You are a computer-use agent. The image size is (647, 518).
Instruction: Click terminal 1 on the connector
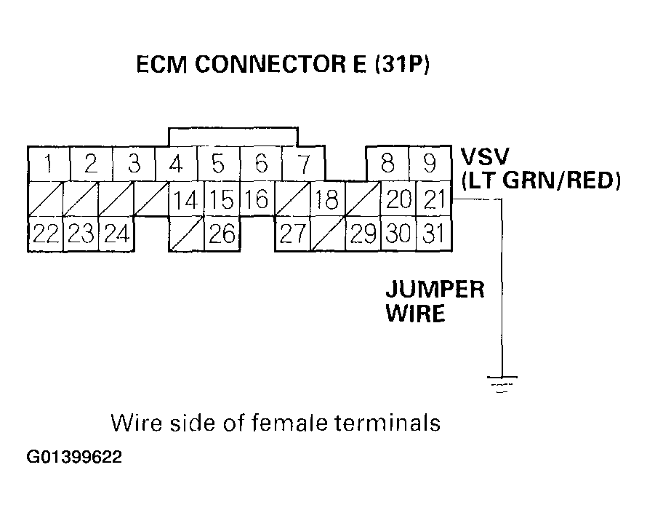coord(47,164)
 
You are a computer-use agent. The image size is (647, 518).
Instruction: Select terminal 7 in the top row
coord(302,164)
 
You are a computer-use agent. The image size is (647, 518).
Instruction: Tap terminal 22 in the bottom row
coord(45,234)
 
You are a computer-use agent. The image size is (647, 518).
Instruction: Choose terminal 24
coord(116,234)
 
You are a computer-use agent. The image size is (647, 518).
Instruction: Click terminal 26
coord(221,234)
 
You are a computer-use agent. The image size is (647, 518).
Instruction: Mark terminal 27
coord(292,234)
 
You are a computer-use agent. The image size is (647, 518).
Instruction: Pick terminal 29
coord(363,234)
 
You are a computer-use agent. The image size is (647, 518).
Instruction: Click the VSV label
coord(484,156)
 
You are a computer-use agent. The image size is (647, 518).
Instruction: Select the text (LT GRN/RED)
coord(541,180)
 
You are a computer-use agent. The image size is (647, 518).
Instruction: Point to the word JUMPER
coord(434,290)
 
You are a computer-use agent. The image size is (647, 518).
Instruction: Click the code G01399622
coord(75,458)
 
